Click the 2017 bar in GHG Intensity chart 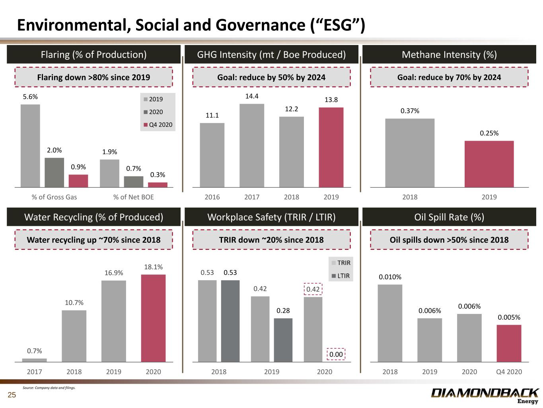[251, 145]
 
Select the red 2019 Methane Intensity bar [489, 164]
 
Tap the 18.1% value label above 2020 [153, 267]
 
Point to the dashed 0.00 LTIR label [336, 354]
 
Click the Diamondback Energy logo [485, 395]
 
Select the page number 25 [12, 395]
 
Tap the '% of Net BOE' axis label [133, 197]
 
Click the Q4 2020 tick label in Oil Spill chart [509, 372]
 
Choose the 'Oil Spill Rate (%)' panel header [449, 217]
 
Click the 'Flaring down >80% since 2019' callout [93, 77]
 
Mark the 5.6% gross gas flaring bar [30, 145]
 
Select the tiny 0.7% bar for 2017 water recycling [34, 360]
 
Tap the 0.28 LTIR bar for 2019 [283, 340]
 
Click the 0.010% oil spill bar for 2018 [390, 323]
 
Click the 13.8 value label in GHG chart [331, 100]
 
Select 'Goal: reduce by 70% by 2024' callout [449, 77]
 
